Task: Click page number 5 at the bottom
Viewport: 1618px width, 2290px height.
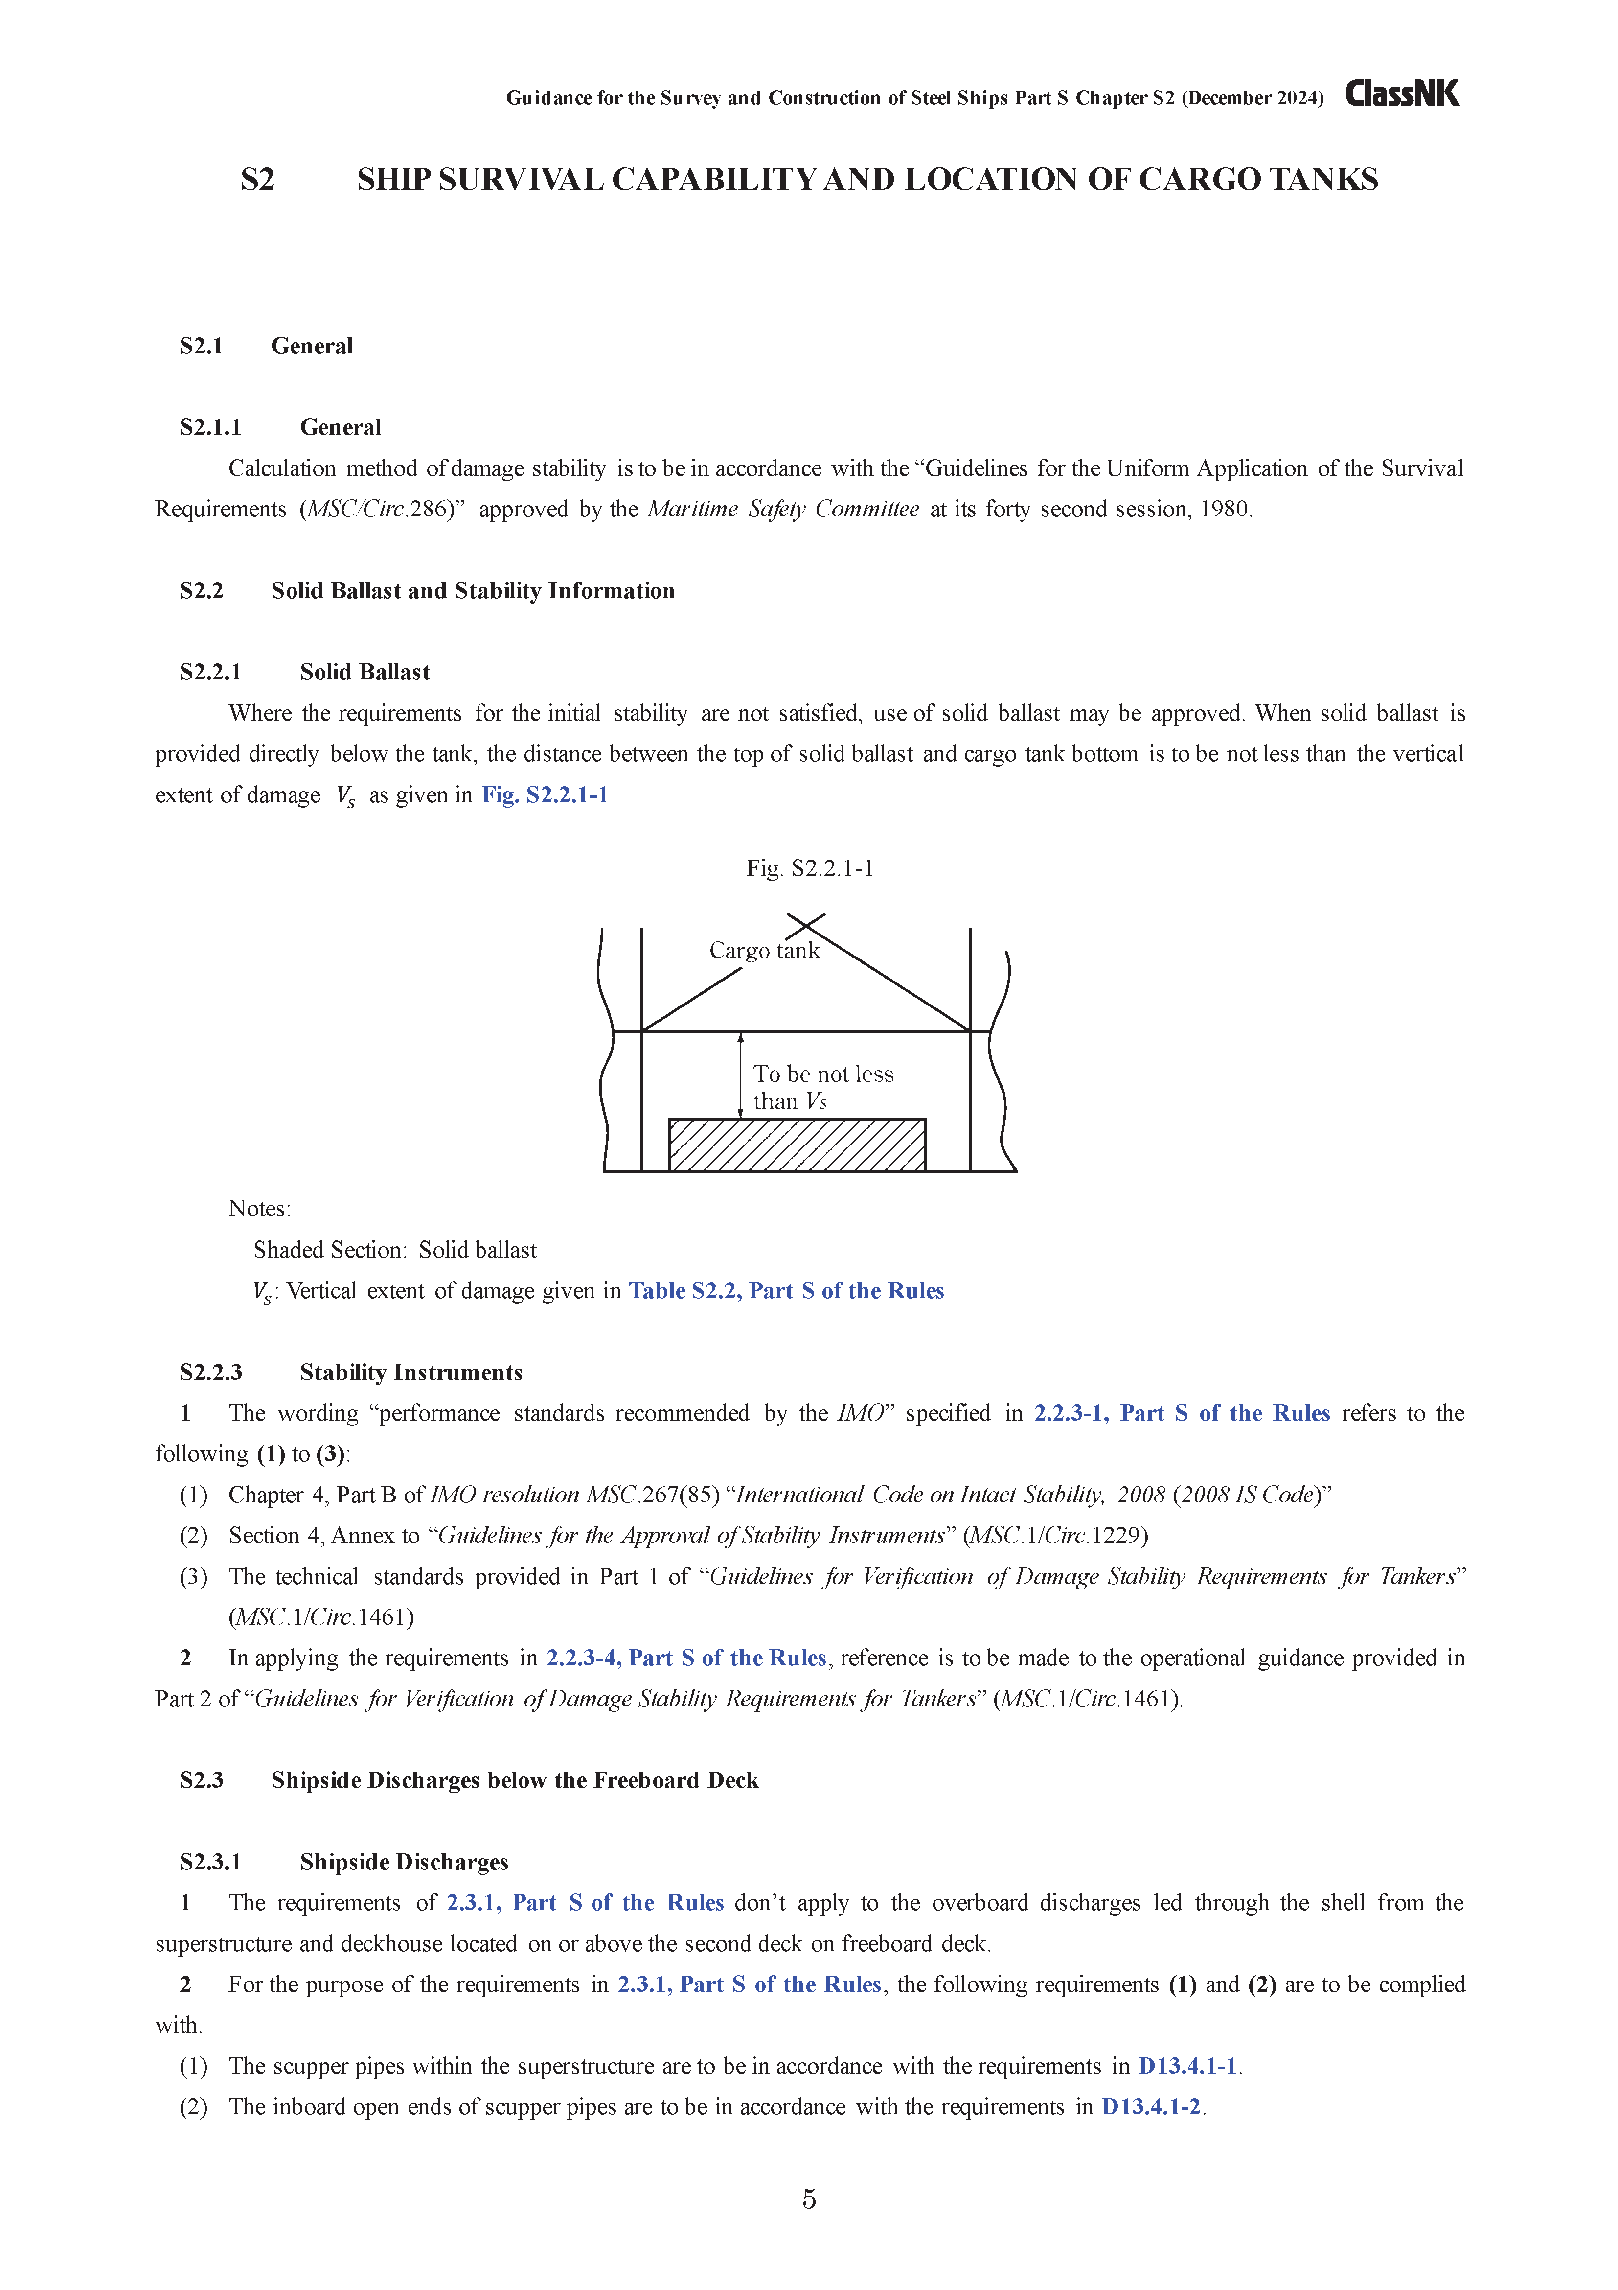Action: point(808,2198)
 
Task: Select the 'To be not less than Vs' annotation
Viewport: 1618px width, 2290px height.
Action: point(822,1087)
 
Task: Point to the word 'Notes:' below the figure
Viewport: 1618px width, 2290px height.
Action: point(259,1209)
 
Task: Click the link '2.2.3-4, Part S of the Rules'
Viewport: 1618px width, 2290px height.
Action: point(686,1658)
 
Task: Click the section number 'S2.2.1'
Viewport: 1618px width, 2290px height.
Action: point(210,672)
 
